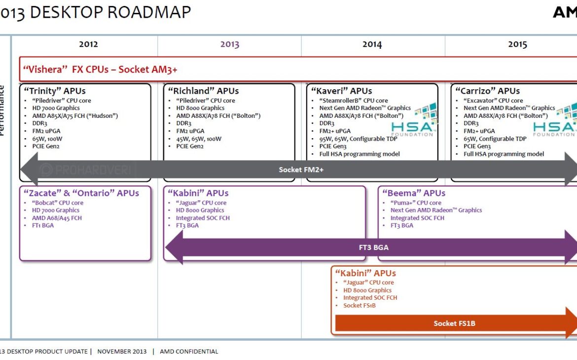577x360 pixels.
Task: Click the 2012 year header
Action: click(88, 44)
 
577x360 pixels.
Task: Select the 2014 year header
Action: click(372, 45)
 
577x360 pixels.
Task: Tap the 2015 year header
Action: click(517, 45)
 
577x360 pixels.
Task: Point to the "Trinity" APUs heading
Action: click(54, 91)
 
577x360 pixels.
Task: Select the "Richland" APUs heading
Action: click(203, 91)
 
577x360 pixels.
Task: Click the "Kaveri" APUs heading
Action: click(341, 91)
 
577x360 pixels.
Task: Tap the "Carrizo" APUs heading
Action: click(487, 91)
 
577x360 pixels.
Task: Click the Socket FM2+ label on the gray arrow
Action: click(301, 170)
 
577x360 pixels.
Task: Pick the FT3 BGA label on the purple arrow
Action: click(373, 247)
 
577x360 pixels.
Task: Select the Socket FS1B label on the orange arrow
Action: click(454, 324)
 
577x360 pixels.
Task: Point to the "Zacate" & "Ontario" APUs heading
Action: click(81, 193)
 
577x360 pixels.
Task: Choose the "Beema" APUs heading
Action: click(414, 193)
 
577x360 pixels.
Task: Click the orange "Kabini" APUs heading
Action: click(365, 273)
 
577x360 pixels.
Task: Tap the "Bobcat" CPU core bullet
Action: click(57, 203)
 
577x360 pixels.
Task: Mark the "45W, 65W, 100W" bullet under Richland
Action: click(199, 139)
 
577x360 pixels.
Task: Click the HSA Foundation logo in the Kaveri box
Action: click(413, 121)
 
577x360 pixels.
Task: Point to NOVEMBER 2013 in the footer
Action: click(121, 352)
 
